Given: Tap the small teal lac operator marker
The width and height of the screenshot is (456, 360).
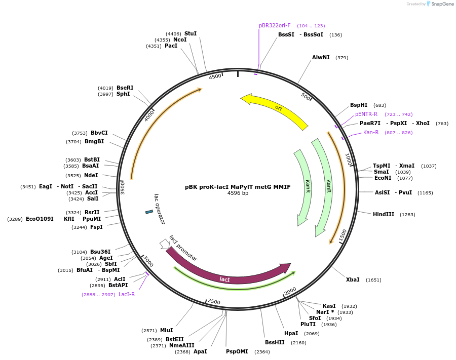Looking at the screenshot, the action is pos(149,212).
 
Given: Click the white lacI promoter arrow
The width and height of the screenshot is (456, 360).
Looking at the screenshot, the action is pos(165,244).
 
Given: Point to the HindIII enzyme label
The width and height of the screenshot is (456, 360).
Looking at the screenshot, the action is pos(384,215).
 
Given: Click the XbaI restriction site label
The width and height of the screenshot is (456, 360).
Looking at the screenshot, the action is pos(353,280).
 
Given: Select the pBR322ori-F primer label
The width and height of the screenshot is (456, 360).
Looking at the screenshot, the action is pos(275,25).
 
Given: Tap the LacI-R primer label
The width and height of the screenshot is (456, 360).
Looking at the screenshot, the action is pos(127,294).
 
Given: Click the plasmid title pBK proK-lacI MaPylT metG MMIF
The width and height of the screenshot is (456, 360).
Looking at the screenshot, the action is pos(238,187).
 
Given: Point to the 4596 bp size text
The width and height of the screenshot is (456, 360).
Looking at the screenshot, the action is pos(238,193).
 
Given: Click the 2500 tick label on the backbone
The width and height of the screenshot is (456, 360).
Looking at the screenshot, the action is pos(214,302).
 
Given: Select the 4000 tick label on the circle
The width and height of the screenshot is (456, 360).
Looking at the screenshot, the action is pos(149,116).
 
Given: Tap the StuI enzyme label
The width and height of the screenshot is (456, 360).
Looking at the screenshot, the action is pos(191,34).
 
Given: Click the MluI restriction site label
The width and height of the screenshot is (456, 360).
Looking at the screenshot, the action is pos(166,330).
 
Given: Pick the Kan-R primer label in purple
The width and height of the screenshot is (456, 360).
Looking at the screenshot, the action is pos(371,133).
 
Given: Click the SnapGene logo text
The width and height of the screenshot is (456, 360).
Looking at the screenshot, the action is pos(442,4).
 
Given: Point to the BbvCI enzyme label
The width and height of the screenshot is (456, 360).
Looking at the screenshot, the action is pos(99,133).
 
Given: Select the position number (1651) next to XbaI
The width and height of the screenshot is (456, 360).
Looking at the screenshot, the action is pos(373,280).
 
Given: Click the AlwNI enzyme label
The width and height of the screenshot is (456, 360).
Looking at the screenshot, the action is pos(321,58).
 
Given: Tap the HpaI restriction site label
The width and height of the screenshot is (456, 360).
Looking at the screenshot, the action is pos(291,333).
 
